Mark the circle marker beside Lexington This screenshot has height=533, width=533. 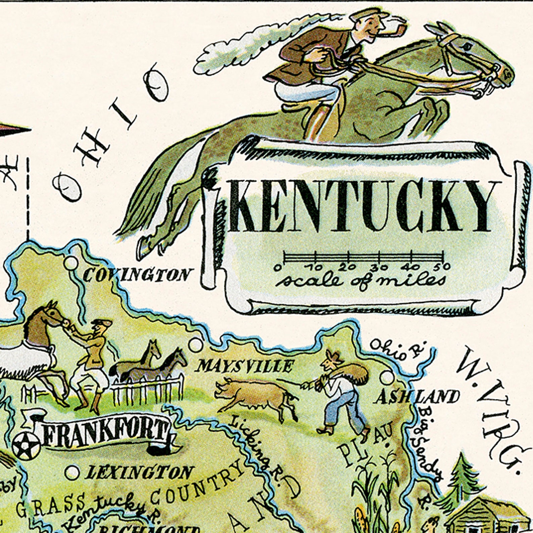(72, 473)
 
